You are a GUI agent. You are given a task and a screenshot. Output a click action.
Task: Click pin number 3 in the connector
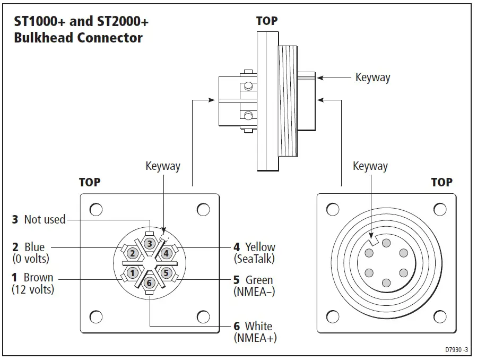150,244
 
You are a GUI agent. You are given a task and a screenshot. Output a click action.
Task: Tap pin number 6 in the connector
149,282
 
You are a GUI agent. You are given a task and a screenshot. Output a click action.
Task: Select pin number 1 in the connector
132,273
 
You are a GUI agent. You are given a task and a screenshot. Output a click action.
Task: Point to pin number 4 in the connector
166,253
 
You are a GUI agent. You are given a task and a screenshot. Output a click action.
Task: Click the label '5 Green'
254,280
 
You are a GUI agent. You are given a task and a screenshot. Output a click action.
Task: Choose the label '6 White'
253,326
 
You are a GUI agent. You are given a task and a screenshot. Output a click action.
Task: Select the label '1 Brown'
32,278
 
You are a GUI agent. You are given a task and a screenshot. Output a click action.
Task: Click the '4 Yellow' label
255,247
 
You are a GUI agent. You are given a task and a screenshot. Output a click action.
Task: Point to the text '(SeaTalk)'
254,259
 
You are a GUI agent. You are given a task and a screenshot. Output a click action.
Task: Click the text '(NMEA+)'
255,338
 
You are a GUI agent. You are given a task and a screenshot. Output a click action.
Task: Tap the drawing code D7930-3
458,350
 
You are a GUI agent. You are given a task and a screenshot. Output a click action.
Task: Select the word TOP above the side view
266,21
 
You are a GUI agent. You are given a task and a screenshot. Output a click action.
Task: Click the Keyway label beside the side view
372,78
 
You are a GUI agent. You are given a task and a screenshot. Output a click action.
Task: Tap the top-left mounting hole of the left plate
96,210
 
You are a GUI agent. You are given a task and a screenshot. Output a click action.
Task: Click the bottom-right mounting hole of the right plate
440,318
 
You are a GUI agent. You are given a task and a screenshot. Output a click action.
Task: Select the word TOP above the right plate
441,182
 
